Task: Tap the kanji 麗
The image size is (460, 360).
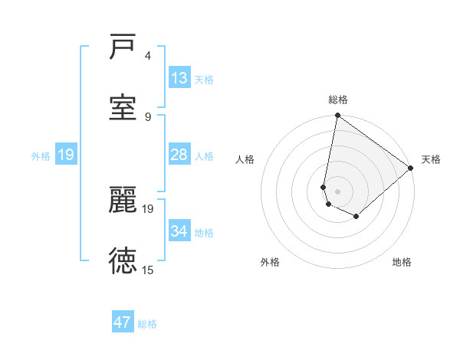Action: coord(123,201)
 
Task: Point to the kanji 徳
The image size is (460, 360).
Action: coord(123,260)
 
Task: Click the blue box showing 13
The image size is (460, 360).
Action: coord(179,78)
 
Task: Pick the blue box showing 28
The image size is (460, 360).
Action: coord(179,155)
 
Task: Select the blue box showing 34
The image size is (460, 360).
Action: coord(179,231)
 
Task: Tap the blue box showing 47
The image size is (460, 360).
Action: coord(123,322)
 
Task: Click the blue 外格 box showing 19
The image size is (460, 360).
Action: coord(66,155)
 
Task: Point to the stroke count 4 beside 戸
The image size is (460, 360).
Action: coord(147,56)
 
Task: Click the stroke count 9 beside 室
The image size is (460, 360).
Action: coord(147,116)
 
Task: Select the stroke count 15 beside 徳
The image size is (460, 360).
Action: coord(147,270)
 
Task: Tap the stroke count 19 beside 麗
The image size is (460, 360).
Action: coord(147,208)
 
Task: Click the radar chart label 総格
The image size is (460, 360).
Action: coord(337,100)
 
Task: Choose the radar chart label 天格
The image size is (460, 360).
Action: coord(431,159)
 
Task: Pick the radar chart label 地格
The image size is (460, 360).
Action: coord(402,262)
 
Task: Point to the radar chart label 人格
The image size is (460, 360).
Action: coord(245,159)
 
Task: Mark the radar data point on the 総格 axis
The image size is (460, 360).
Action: coord(337,116)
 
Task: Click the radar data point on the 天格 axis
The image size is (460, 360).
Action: coord(411,168)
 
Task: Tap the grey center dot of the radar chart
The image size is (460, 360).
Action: coord(337,191)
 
